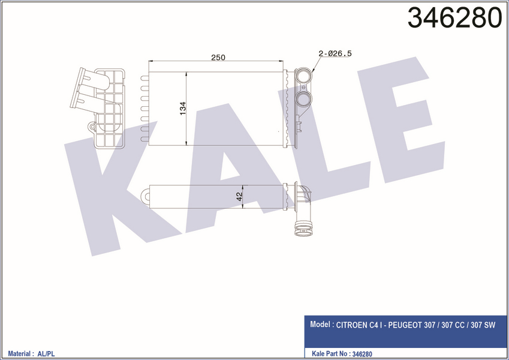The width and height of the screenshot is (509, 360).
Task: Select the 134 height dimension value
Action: coord(182,109)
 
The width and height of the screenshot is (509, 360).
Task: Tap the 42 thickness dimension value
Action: coord(239,196)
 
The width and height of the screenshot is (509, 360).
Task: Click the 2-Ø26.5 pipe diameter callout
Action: coord(335,53)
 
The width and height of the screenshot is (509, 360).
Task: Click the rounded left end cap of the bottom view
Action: coord(146,196)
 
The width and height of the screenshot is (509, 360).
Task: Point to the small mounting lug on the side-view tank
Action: coord(92,127)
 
